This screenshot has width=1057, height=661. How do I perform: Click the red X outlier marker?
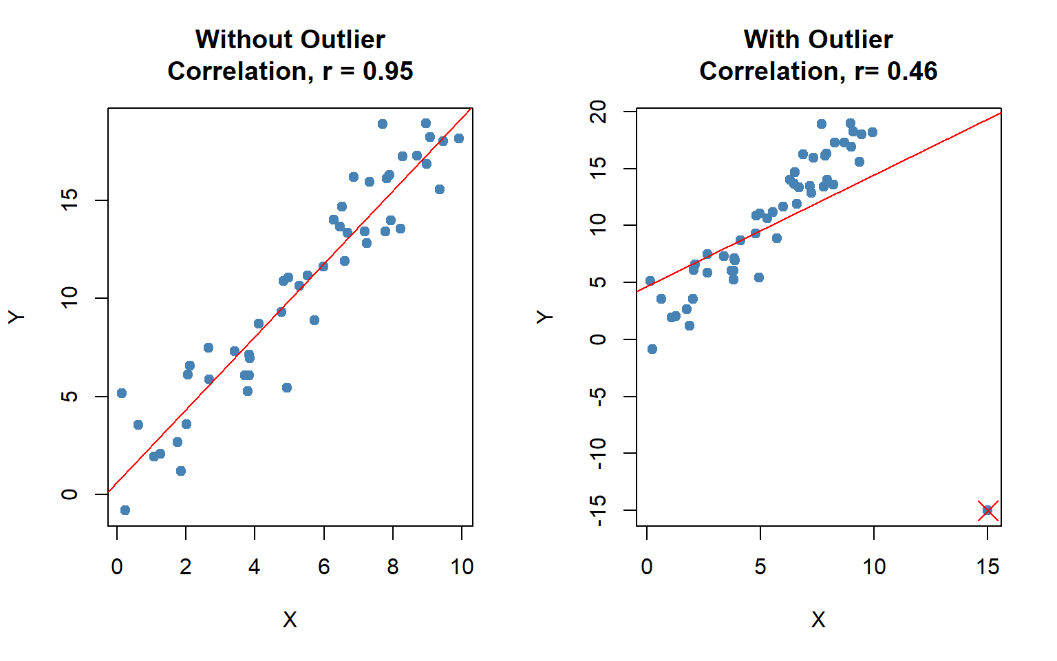click(x=987, y=510)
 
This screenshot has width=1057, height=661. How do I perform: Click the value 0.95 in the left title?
click(x=387, y=71)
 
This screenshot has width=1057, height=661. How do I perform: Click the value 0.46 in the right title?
click(x=912, y=71)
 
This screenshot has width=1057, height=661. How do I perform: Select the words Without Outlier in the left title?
click(x=290, y=39)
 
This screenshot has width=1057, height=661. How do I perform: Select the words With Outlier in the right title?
click(x=818, y=39)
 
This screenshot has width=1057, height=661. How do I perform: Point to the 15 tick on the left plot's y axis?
click(x=70, y=200)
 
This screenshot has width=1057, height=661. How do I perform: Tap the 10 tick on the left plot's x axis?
click(x=462, y=567)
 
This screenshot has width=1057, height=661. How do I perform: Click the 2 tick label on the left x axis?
click(x=186, y=567)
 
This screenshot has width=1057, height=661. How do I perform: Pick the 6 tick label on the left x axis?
click(x=324, y=567)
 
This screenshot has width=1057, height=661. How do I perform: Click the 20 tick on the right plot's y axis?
click(x=598, y=112)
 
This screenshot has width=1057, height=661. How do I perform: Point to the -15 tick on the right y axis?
click(x=598, y=510)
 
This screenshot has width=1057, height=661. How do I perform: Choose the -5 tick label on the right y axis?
click(x=598, y=397)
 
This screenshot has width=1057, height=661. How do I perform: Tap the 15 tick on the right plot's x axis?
click(x=987, y=567)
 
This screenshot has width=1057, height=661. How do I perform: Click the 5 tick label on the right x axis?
click(x=760, y=567)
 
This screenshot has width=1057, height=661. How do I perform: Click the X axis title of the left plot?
click(x=290, y=620)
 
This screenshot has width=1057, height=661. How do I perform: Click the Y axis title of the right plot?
click(x=545, y=316)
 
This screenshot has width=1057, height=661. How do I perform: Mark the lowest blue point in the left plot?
click(x=125, y=510)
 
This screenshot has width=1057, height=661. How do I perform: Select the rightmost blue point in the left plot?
click(x=459, y=138)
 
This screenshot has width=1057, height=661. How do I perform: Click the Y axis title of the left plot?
click(x=17, y=316)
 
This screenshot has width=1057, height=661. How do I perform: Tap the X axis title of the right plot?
click(x=818, y=620)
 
